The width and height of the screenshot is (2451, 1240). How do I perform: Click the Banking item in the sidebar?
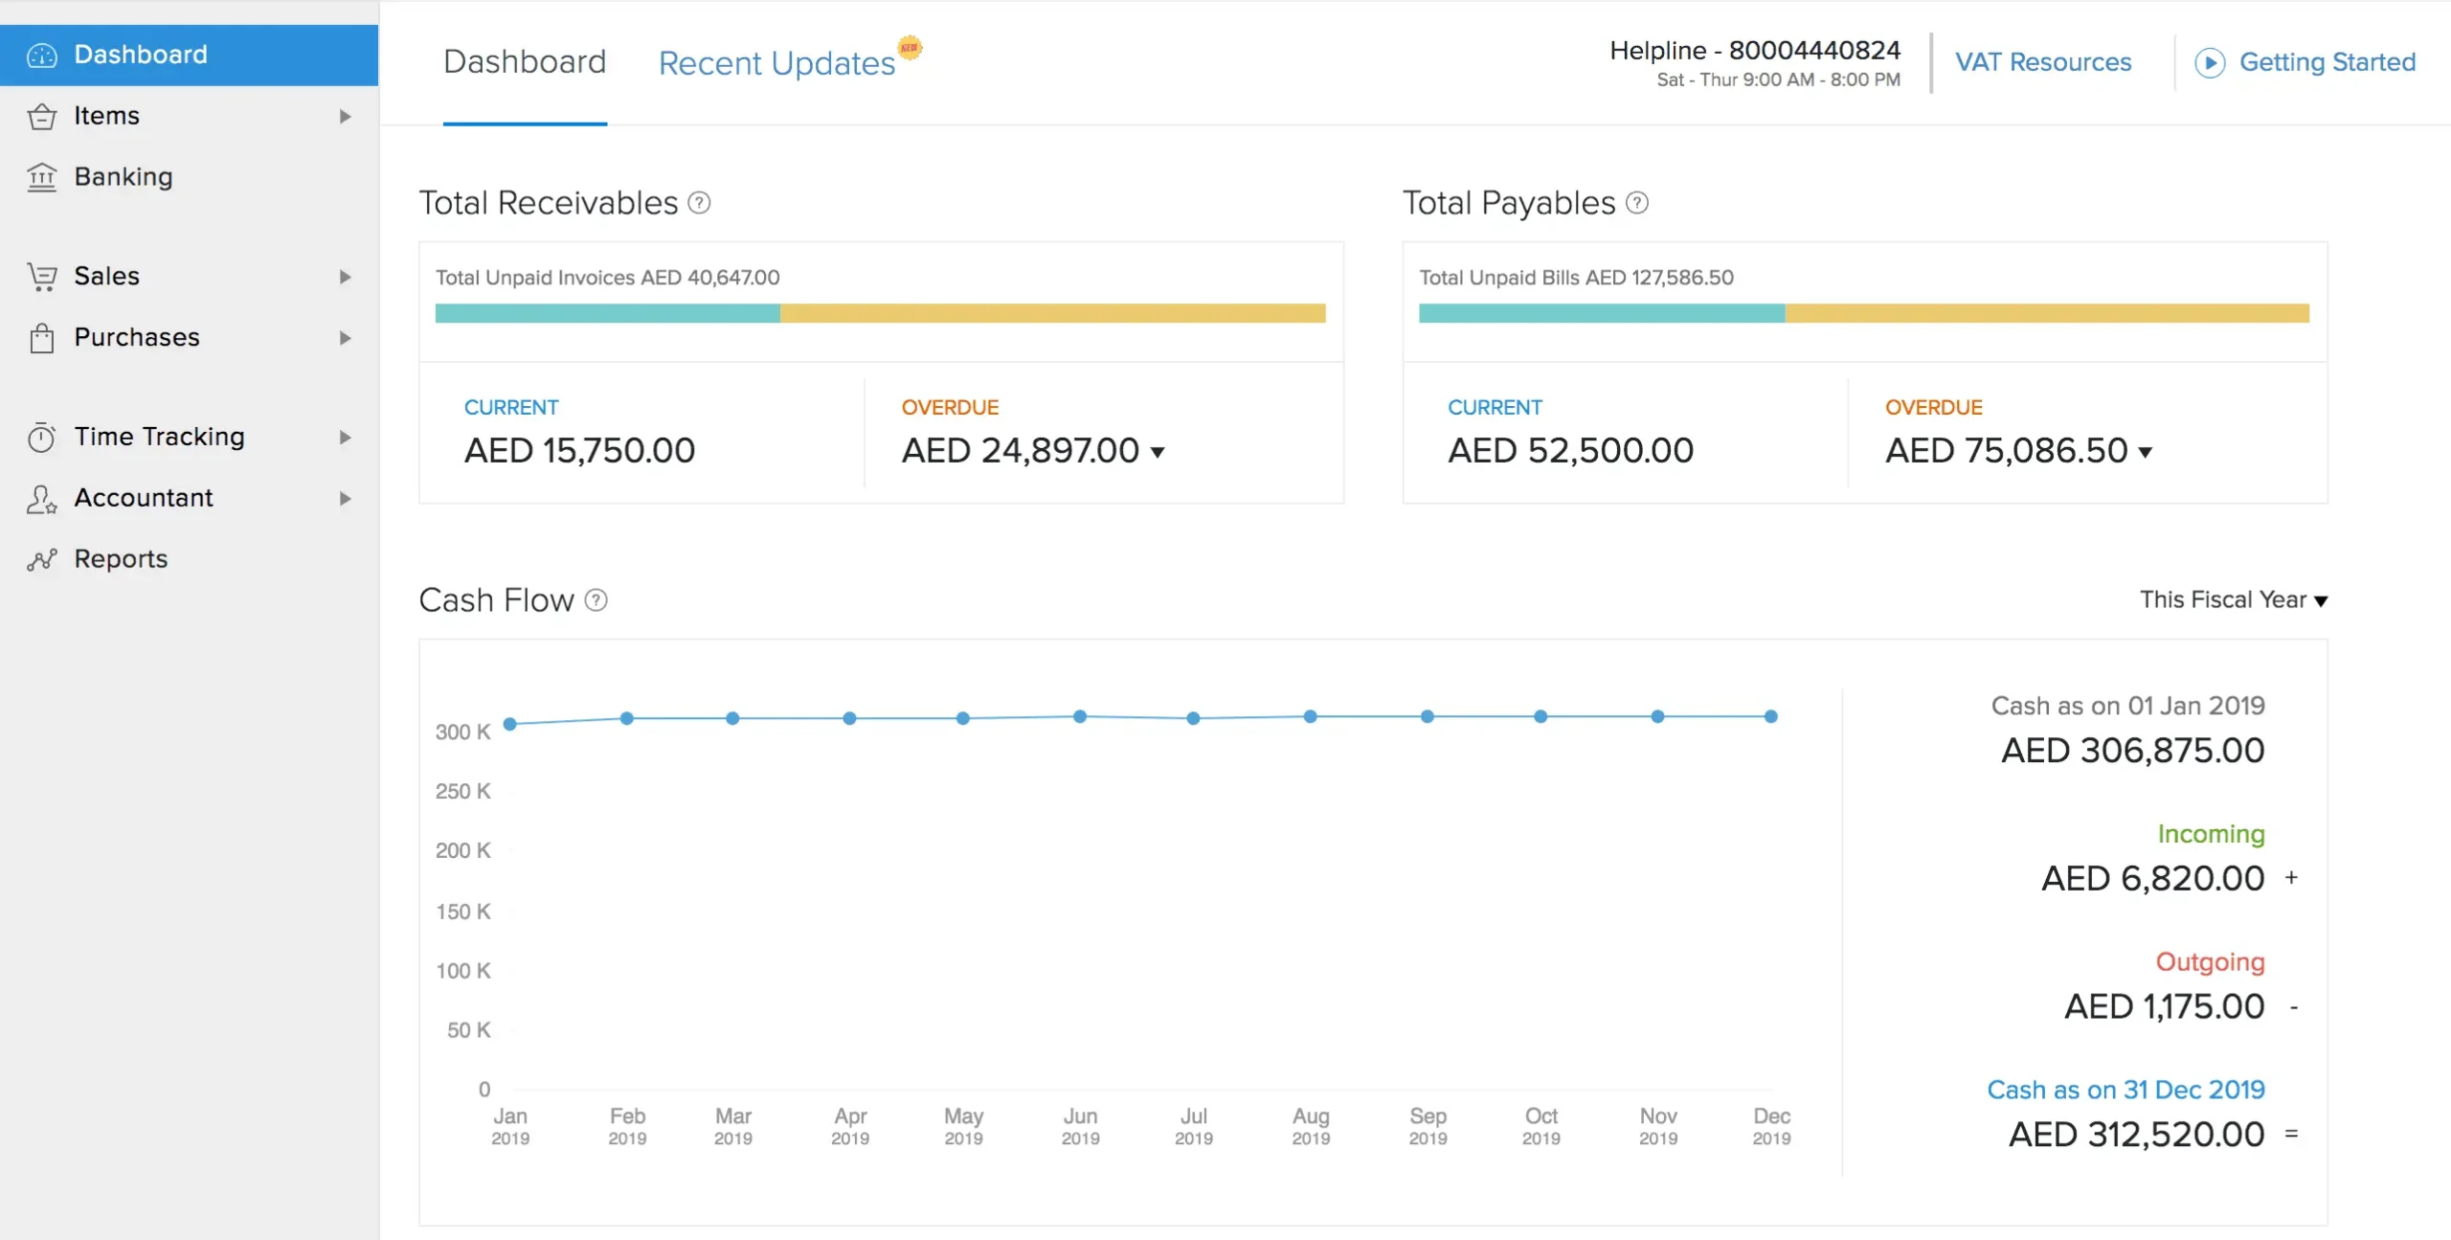(123, 177)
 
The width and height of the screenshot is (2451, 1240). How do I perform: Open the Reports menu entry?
(121, 559)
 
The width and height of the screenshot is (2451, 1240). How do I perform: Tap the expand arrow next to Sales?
(345, 277)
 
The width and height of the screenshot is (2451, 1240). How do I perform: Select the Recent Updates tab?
(776, 63)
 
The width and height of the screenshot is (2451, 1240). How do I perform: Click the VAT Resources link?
(2042, 62)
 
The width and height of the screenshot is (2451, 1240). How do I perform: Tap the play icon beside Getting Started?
(2209, 63)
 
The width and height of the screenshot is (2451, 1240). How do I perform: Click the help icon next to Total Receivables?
(700, 203)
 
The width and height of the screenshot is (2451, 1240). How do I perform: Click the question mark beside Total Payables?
(1637, 203)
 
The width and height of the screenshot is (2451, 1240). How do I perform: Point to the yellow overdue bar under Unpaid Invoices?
(1052, 313)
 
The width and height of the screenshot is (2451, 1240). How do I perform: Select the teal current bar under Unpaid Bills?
(1601, 313)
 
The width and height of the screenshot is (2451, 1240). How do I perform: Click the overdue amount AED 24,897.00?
(1020, 451)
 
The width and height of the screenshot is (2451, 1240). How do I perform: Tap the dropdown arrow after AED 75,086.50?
(2146, 453)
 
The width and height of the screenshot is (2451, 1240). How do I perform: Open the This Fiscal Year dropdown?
(2233, 600)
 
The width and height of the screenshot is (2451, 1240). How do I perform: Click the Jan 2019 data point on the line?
(510, 724)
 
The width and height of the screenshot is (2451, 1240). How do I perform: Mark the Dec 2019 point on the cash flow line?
(1771, 716)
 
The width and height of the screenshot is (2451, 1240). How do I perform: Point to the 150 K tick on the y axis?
(463, 912)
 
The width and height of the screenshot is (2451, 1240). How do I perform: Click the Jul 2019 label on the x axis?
(1193, 1126)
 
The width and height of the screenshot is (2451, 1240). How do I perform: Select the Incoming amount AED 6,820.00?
(2152, 879)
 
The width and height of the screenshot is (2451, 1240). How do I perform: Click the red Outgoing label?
(2210, 962)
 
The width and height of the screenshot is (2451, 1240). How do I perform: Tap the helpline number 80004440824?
(1814, 51)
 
